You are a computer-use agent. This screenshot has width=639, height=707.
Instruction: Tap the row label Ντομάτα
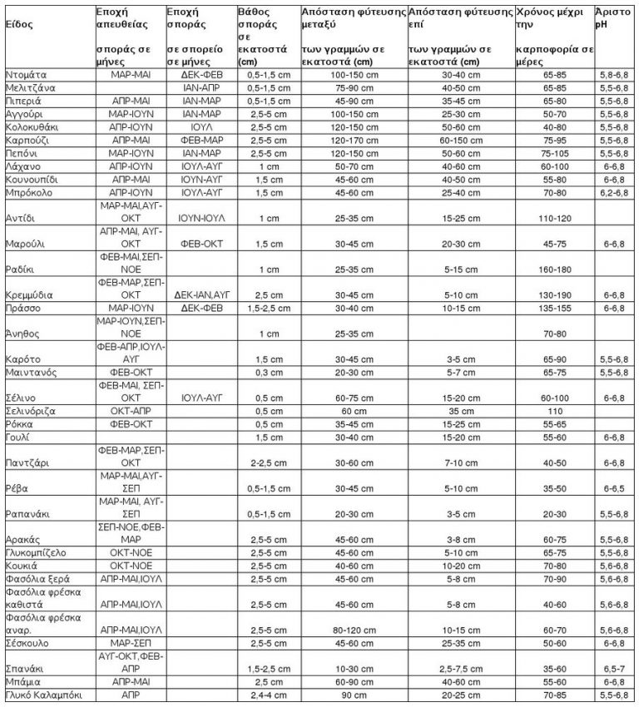tap(26, 74)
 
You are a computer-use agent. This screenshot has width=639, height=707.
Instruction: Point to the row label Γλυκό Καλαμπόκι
tap(42, 694)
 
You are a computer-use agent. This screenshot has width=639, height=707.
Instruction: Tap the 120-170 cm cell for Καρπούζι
tap(354, 141)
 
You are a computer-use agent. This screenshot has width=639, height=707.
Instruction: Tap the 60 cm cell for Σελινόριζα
tap(354, 411)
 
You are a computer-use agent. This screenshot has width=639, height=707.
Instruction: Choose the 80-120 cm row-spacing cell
tap(354, 630)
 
